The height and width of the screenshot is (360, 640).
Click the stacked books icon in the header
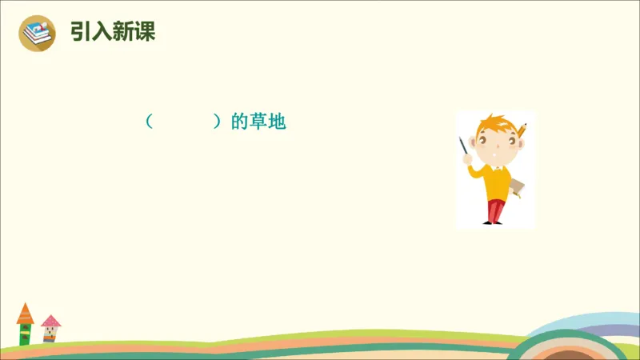click(x=37, y=34)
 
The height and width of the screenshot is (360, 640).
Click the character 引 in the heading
click(x=81, y=33)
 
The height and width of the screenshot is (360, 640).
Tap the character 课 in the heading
click(x=144, y=33)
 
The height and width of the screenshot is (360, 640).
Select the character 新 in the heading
click(x=123, y=33)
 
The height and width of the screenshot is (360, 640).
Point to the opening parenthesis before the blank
click(x=149, y=122)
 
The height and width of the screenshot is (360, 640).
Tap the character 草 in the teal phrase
click(x=256, y=122)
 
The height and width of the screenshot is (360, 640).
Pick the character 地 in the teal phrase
click(x=275, y=122)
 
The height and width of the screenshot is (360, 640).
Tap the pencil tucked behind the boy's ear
click(x=522, y=130)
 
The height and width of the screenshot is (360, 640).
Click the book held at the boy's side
click(x=517, y=187)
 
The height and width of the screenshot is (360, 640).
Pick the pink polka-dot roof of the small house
click(x=50, y=322)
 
